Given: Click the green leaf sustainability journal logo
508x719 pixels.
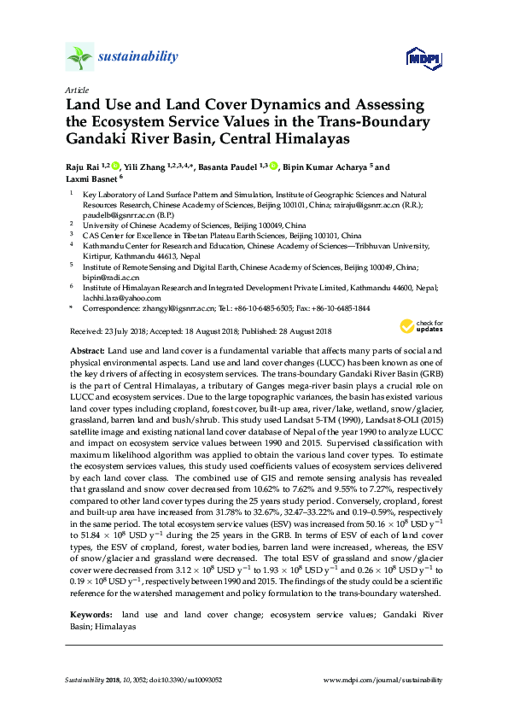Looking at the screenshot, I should pos(79,57).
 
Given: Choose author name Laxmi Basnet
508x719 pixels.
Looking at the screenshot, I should pos(91,178).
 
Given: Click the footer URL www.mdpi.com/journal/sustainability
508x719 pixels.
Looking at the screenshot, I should pos(384,680).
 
